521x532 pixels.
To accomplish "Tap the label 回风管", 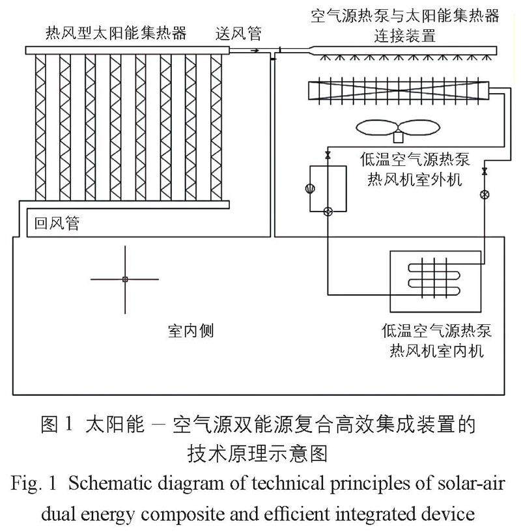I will click(57, 223).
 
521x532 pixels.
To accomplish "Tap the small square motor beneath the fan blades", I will click(398, 137).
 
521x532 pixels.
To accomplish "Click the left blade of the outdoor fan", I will click(376, 127).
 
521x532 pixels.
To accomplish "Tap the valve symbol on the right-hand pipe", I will click(484, 172).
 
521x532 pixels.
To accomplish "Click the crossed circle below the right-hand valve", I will click(484, 194).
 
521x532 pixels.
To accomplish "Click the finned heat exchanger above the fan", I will click(400, 90).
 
